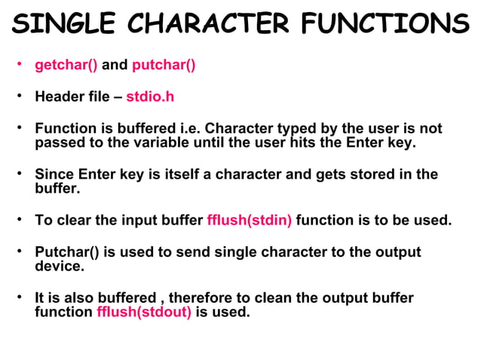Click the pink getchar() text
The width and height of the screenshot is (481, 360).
point(66,66)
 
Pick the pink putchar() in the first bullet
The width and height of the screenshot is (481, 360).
point(164,66)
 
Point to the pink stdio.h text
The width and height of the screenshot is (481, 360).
point(150,97)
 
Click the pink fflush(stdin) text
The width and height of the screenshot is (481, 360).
point(250,221)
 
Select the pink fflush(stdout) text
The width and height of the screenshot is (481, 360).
point(144,311)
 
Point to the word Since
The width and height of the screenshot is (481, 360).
point(54,175)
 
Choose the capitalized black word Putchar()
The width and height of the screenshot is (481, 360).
point(68,252)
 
